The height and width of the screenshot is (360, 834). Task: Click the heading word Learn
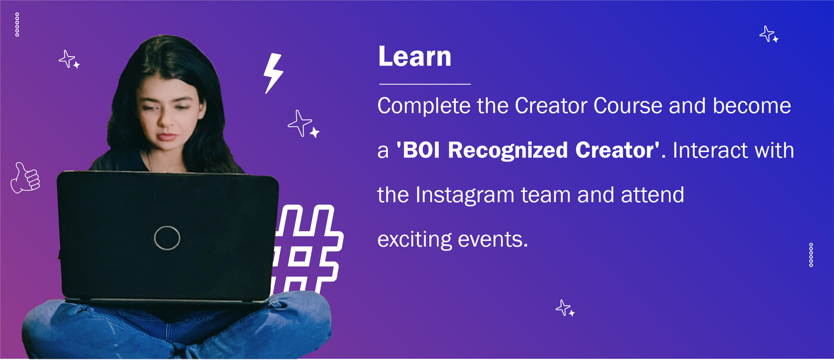click(x=415, y=57)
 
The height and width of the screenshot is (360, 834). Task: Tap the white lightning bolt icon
click(x=273, y=73)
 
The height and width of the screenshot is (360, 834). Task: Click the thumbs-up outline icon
click(x=25, y=178)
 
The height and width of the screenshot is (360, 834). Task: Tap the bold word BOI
click(x=421, y=150)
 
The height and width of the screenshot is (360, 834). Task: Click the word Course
click(x=628, y=106)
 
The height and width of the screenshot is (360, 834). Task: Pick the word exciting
click(x=414, y=240)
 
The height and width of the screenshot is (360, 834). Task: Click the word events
click(x=493, y=240)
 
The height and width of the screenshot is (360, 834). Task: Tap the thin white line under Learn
click(x=425, y=84)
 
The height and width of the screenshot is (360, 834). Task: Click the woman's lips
click(x=166, y=136)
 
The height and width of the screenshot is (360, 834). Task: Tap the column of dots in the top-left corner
click(x=17, y=24)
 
